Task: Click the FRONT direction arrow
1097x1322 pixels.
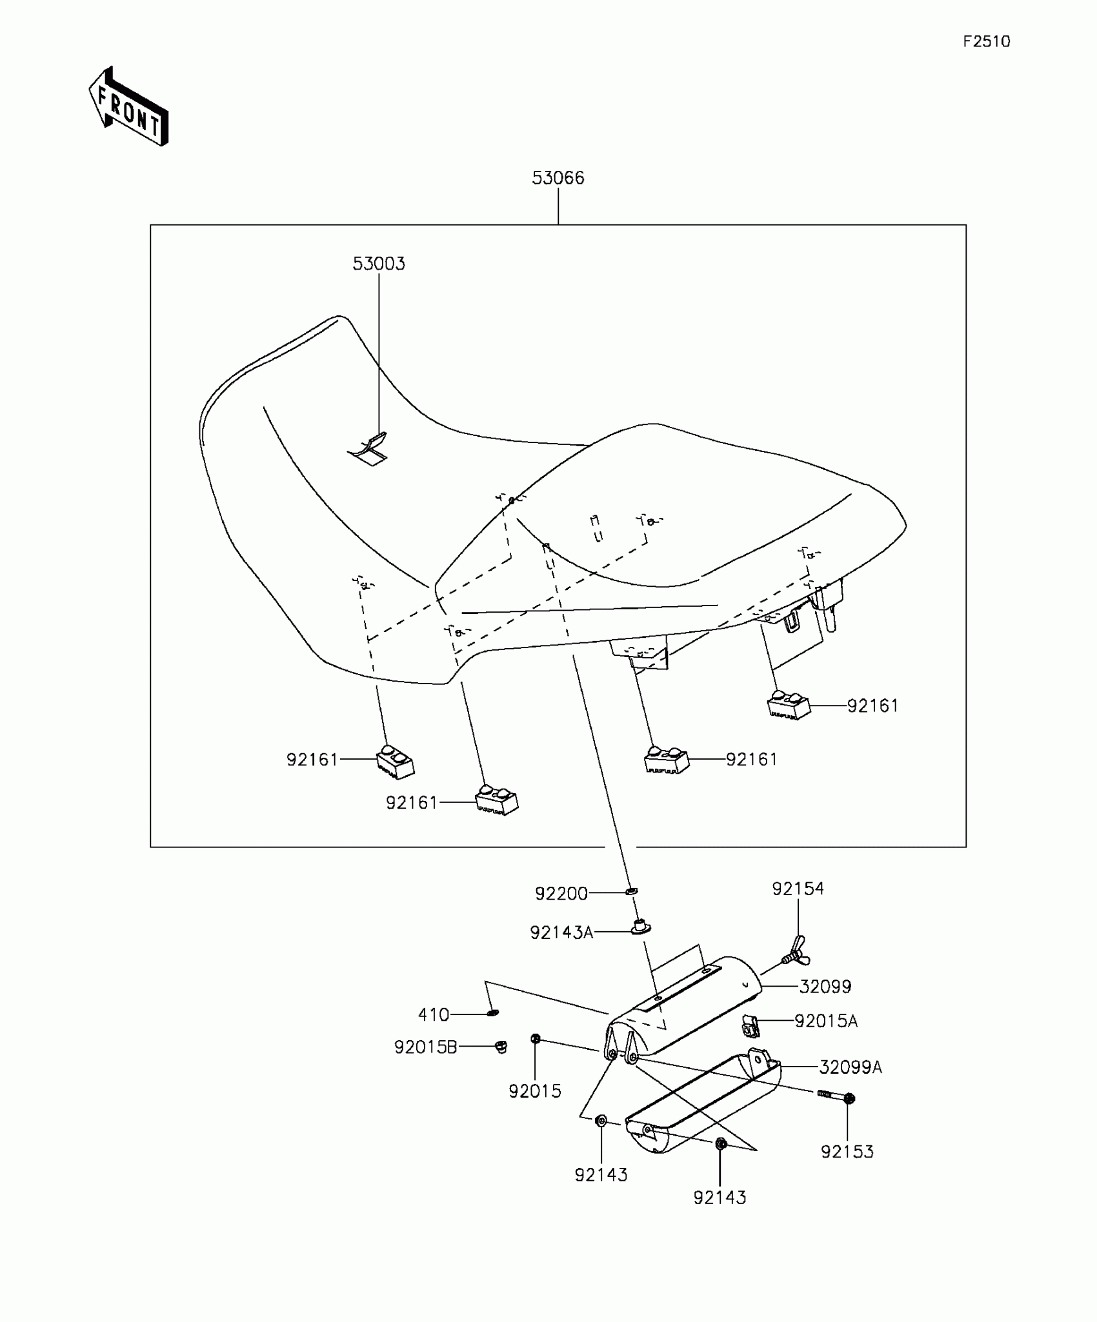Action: [128, 107]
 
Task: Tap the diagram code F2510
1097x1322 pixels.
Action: [986, 42]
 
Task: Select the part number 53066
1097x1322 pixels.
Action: [558, 178]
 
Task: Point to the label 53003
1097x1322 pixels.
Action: [379, 264]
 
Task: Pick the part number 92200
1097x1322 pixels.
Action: [561, 894]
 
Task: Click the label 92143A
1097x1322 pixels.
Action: [561, 932]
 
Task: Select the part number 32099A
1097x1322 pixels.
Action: [850, 1067]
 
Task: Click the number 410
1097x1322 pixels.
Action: [433, 1015]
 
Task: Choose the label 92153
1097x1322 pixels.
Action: [847, 1152]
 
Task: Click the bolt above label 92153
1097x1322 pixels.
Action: [836, 1096]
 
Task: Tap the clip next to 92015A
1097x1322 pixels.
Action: [750, 1025]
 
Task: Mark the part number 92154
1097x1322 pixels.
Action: [798, 889]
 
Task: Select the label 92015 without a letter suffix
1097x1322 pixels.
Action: [534, 1091]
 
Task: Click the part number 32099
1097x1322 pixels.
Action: [825, 987]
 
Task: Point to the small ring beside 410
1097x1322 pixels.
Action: [492, 1014]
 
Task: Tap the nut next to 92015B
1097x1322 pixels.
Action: [500, 1046]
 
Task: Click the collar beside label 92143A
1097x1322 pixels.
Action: [640, 928]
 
